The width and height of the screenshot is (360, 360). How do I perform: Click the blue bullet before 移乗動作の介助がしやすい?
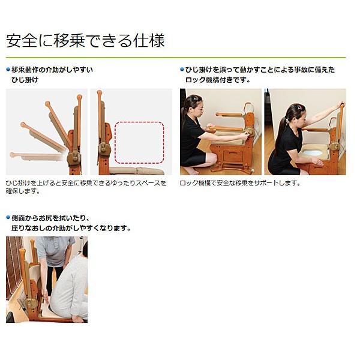[8, 70]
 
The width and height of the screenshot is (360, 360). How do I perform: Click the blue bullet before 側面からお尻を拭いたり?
[8, 218]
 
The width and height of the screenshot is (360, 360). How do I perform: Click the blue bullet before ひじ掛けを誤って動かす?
[182, 70]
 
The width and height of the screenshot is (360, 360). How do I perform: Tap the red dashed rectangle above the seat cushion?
[139, 143]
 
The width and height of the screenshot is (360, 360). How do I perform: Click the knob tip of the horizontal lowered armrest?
[13, 155]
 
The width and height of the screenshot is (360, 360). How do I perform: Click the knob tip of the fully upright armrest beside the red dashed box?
[100, 93]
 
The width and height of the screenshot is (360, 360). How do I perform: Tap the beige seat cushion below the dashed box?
[138, 170]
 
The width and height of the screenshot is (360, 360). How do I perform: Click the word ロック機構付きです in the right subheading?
[215, 80]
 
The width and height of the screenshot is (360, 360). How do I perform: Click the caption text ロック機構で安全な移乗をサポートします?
[240, 183]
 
